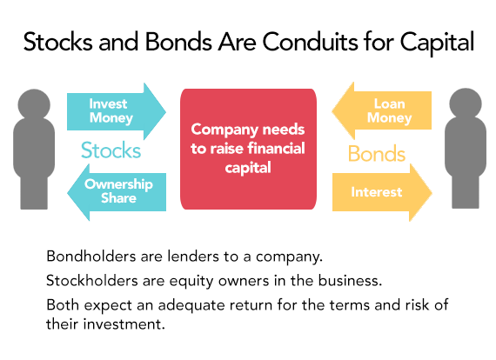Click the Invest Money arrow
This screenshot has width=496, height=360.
coord(117,111)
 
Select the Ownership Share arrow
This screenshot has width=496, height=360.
coord(117,192)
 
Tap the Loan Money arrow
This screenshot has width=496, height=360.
coord(382,110)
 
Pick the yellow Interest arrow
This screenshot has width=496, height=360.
coord(382,192)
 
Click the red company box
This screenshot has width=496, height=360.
coord(248,149)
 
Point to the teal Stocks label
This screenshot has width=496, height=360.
coord(111,150)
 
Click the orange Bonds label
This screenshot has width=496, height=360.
coord(377,154)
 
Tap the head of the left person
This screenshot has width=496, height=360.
coord(34,104)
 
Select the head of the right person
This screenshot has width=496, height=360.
coord(466,103)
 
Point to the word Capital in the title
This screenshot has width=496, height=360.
coord(437,43)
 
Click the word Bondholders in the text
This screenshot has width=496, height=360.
coord(91,256)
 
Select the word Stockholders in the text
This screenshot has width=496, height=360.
coord(92,280)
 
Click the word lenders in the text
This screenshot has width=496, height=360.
coord(193,256)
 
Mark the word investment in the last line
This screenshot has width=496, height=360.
coord(124,324)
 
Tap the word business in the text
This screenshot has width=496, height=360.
coord(350,280)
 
